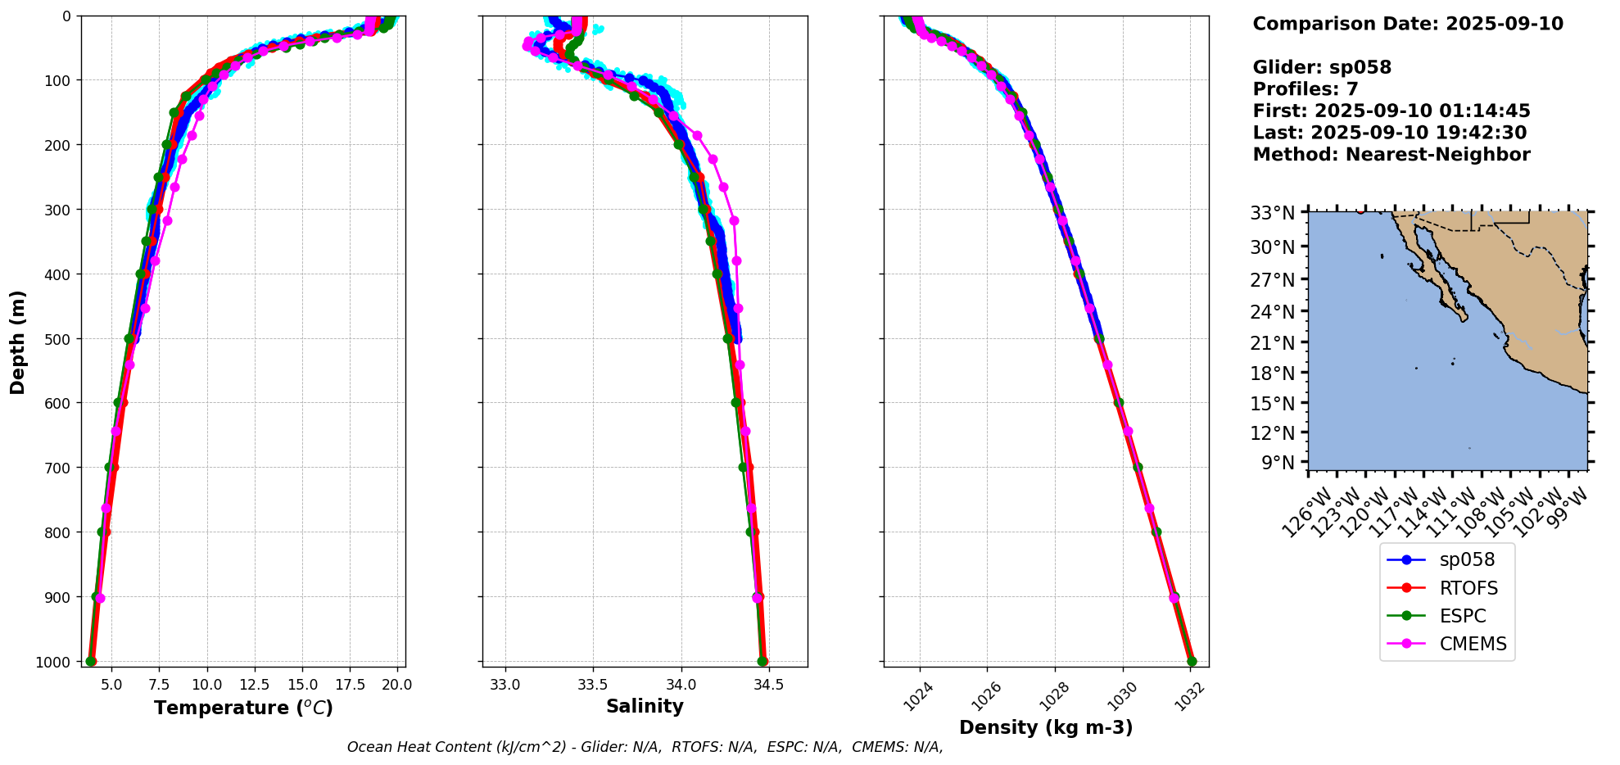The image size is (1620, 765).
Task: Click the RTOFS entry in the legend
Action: point(1468,588)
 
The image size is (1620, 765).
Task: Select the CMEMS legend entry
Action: point(1473,644)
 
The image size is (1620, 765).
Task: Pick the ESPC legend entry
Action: point(1462,616)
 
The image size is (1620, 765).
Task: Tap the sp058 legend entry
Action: point(1467,560)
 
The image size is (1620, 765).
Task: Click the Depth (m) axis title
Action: point(18,342)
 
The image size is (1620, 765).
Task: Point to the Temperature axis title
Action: point(243,708)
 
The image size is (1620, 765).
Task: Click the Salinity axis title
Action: point(645,706)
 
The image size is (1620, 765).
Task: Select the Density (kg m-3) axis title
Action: point(1046,727)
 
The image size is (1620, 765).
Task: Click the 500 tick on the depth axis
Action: point(58,338)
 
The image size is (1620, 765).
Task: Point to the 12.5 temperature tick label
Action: point(264,684)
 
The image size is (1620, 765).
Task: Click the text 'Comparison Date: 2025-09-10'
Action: point(1408,24)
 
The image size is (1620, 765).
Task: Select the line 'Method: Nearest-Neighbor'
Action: point(1391,155)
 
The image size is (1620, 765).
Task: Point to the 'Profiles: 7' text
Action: point(1306,89)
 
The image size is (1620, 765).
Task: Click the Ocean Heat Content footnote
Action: point(645,747)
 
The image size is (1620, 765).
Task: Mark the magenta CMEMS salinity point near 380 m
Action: point(736,260)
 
